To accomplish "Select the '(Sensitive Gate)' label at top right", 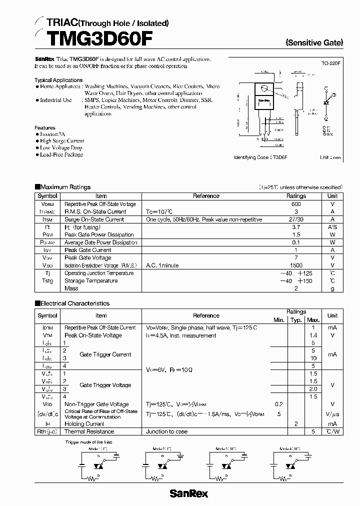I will (314, 43).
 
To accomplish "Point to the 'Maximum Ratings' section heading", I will (65, 187).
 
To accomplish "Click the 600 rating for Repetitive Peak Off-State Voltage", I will (296, 204).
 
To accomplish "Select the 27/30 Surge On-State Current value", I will (296, 219).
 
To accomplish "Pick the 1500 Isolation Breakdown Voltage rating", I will (296, 265).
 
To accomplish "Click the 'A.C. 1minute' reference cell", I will (162, 265).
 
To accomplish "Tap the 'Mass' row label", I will (71, 288).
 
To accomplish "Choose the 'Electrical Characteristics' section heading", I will (74, 303).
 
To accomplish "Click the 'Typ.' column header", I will (296, 320).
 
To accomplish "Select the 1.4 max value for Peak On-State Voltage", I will (313, 335).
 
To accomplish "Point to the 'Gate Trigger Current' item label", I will (105, 354).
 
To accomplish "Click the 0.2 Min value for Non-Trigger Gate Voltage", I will (278, 404).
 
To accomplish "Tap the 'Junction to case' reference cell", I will (167, 431).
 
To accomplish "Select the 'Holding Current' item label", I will (84, 423).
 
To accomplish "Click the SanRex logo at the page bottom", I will (188, 493).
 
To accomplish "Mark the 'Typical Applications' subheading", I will (58, 80).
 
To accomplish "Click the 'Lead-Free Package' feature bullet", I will (62, 154).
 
